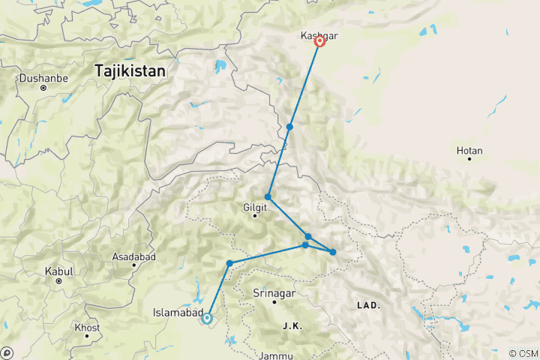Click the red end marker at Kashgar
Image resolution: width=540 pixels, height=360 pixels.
[x=319, y=42]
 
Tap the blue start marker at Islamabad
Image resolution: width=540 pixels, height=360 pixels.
[x=208, y=319]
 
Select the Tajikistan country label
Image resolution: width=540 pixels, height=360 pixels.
[x=130, y=70]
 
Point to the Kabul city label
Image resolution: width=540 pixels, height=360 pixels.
[x=58, y=270]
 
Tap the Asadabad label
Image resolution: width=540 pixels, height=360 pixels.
[x=133, y=256]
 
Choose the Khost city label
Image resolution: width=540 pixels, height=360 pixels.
[x=87, y=328]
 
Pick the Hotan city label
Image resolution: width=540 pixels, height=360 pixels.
[x=469, y=151]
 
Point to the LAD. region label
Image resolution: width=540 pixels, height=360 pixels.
[x=367, y=305]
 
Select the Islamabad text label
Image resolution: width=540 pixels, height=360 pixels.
[x=175, y=312]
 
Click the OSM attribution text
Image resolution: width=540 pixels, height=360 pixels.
[x=524, y=353]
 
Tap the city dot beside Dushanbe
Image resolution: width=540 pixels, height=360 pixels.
[x=43, y=88]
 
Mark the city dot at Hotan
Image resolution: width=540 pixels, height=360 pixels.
[x=469, y=159]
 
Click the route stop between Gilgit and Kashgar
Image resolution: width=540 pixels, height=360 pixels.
[x=289, y=127]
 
